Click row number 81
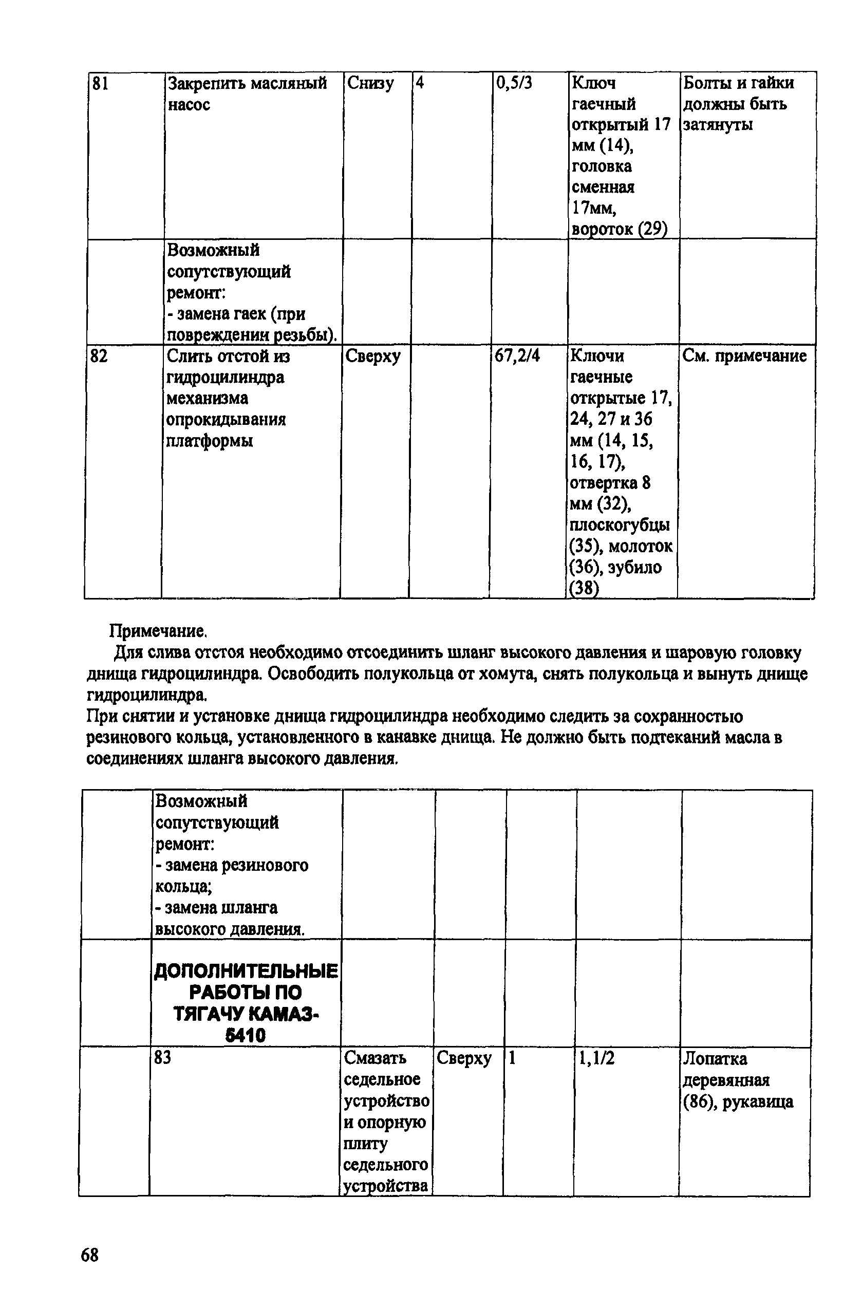point(100,84)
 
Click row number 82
point(99,356)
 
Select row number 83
point(162,1057)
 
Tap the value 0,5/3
point(514,83)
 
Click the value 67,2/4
point(517,356)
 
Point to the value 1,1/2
point(596,1057)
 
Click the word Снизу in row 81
point(370,84)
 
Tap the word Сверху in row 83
point(463,1057)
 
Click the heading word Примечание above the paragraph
point(157,630)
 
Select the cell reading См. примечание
point(744,356)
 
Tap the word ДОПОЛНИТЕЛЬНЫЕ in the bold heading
point(246,971)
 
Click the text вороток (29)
point(619,229)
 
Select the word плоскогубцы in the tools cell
point(620,525)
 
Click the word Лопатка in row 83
point(715,1058)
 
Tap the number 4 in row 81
point(420,84)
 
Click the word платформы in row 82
point(210,441)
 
